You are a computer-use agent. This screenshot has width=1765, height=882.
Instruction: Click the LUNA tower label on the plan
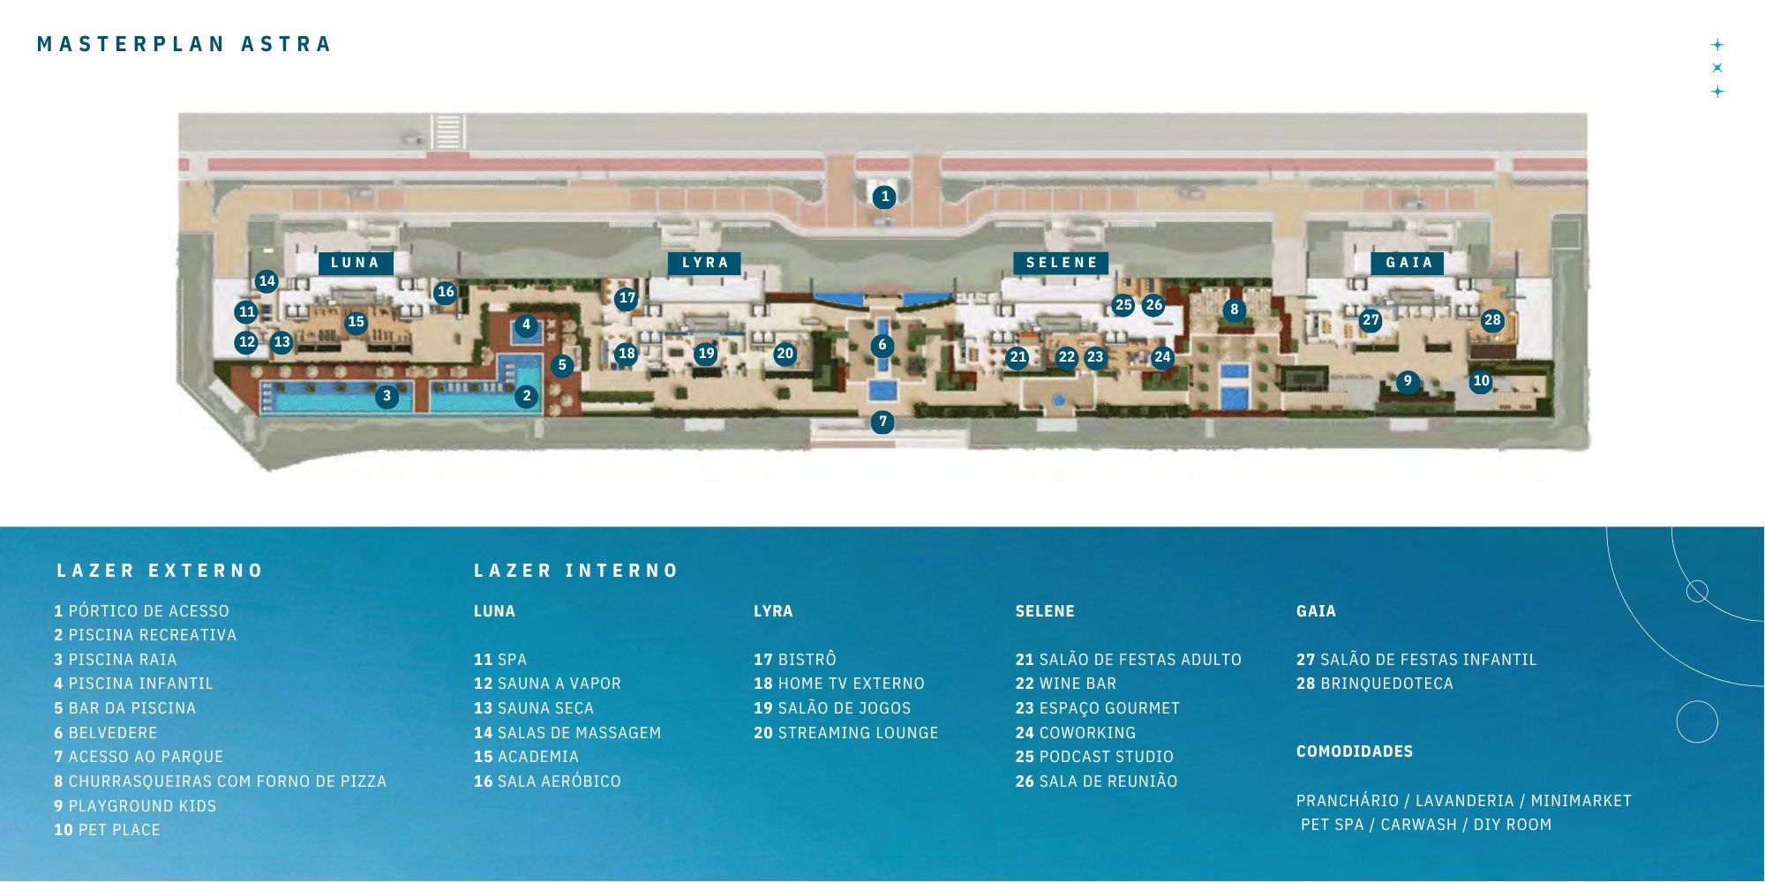click(355, 263)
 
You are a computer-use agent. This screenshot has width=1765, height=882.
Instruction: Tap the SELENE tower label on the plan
click(1062, 263)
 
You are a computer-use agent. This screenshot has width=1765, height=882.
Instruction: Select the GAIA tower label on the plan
click(1408, 263)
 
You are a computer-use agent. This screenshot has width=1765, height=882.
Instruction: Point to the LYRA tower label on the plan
click(704, 263)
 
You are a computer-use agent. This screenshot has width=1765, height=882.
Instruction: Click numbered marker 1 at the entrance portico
click(884, 197)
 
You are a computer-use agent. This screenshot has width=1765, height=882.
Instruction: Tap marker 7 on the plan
click(882, 422)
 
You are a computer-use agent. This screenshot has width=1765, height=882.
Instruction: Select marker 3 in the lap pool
click(387, 397)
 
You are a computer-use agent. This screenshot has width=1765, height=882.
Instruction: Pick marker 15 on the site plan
click(356, 322)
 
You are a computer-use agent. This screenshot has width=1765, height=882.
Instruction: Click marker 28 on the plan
click(1492, 320)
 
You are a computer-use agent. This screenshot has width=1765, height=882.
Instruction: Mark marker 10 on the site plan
click(1481, 381)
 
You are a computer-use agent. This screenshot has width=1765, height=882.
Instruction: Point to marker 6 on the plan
click(882, 345)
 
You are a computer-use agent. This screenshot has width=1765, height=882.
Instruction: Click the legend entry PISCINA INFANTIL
click(134, 684)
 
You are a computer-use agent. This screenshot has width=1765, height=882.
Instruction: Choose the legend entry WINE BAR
click(1066, 684)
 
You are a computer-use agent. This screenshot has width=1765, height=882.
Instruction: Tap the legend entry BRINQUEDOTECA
click(1375, 684)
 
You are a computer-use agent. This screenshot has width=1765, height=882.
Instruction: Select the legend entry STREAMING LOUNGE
click(846, 733)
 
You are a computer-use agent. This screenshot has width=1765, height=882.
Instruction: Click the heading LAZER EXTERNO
click(160, 571)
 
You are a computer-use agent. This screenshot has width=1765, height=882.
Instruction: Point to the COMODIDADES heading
click(1355, 751)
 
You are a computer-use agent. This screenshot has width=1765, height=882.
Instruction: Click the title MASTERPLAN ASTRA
click(184, 44)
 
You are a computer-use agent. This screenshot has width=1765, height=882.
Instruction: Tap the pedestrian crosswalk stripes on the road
click(447, 131)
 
